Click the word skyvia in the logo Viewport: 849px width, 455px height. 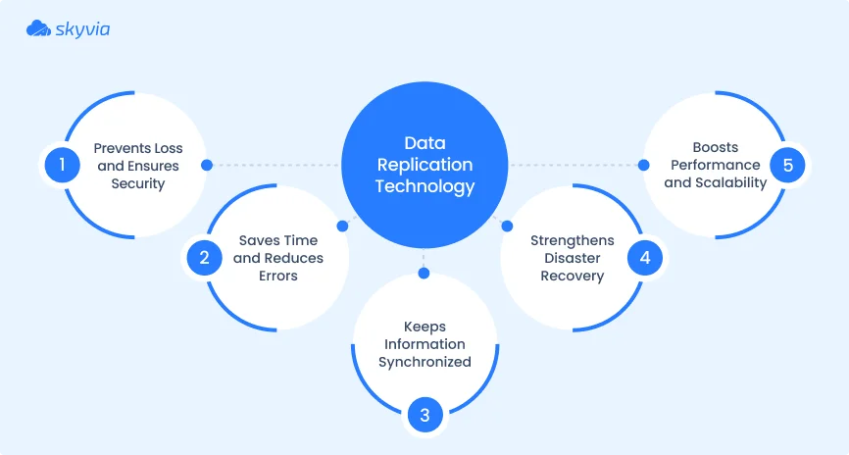pyautogui.click(x=83, y=29)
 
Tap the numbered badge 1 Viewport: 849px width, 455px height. pyautogui.click(x=61, y=165)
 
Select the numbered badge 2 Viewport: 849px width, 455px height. pyautogui.click(x=204, y=258)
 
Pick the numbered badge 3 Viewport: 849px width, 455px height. pyautogui.click(x=424, y=415)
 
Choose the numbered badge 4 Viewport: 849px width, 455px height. pyautogui.click(x=644, y=258)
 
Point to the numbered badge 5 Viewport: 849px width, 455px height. pyautogui.click(x=787, y=165)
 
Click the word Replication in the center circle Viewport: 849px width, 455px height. pyautogui.click(x=424, y=165)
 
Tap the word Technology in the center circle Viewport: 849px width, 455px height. pyautogui.click(x=424, y=186)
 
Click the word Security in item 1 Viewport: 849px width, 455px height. pyautogui.click(x=138, y=183)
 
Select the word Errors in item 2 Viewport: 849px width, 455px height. pyautogui.click(x=278, y=276)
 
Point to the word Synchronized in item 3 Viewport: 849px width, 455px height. pyautogui.click(x=424, y=362)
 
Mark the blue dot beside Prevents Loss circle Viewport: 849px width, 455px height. pyautogui.click(x=206, y=166)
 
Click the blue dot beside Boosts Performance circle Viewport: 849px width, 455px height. pyautogui.click(x=644, y=165)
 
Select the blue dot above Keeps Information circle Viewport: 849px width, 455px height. pyautogui.click(x=424, y=273)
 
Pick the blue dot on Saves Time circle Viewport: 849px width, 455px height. pyautogui.click(x=342, y=226)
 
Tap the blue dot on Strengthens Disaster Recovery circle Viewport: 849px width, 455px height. pyautogui.click(x=507, y=226)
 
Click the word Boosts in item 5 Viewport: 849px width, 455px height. pyautogui.click(x=716, y=147)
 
